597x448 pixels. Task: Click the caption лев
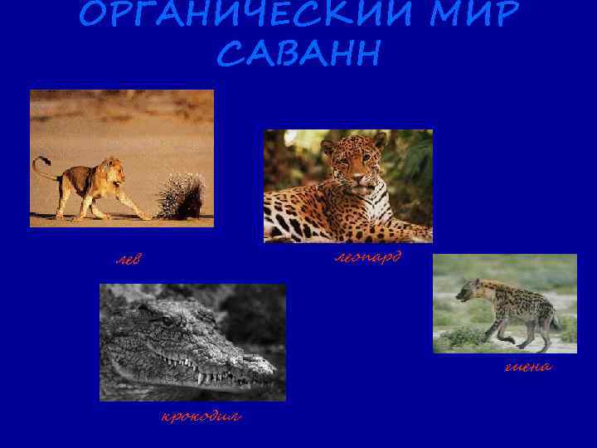[x=128, y=261]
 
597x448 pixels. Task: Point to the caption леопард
[x=367, y=257]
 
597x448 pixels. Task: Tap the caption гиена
[x=528, y=366]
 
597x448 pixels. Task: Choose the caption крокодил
[x=201, y=416]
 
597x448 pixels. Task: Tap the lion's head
[x=113, y=171]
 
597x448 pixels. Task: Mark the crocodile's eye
[x=171, y=320]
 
